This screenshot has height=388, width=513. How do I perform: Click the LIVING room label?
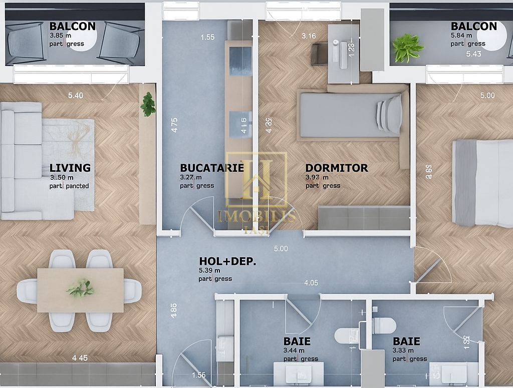(x=70, y=168)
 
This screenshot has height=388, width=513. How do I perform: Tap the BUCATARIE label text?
(x=211, y=168)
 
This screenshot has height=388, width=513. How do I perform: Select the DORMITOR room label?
(x=336, y=168)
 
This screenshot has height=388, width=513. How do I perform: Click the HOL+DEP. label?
(x=227, y=261)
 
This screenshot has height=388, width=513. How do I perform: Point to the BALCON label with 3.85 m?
(x=72, y=27)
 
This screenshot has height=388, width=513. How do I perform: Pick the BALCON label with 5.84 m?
(x=473, y=27)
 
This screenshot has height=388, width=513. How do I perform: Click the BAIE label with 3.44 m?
(x=297, y=341)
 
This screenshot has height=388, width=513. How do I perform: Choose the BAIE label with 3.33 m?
(x=406, y=341)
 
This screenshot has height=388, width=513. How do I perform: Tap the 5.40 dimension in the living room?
(x=76, y=96)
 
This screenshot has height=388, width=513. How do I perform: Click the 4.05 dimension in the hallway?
(x=311, y=283)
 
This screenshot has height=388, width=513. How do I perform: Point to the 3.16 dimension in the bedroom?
(x=309, y=36)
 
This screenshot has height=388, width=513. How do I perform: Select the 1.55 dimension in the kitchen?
(x=207, y=37)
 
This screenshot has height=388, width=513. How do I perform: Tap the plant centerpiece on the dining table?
(x=80, y=288)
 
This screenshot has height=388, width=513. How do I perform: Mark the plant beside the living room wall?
(x=148, y=104)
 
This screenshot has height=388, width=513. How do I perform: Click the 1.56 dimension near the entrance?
(x=198, y=375)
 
